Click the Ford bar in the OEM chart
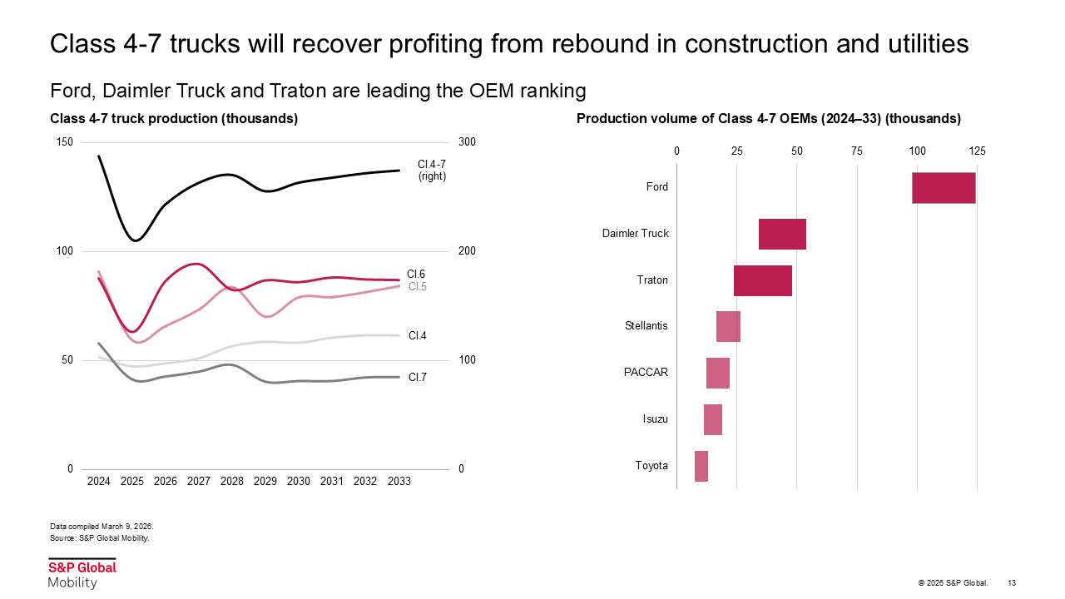tap(944, 187)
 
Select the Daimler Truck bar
tap(782, 234)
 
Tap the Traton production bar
tap(762, 280)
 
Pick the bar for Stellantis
tap(728, 326)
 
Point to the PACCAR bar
tap(717, 373)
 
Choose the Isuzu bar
tap(712, 419)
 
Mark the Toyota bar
tap(701, 466)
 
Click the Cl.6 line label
tap(416, 274)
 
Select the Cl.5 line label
tap(417, 287)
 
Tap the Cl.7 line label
tap(417, 378)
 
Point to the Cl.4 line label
tap(417, 336)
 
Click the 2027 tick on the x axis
tap(198, 482)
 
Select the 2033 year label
tap(399, 482)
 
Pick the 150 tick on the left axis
tap(64, 142)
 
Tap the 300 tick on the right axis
tap(467, 142)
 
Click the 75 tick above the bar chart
tap(857, 151)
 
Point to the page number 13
tap(1012, 582)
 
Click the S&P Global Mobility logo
tap(82, 574)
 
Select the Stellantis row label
tap(646, 326)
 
